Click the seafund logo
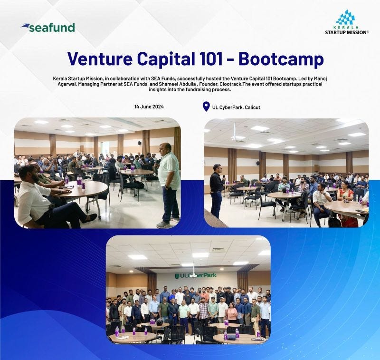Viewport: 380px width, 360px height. tap(48, 28)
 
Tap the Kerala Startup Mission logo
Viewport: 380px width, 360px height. tap(347, 22)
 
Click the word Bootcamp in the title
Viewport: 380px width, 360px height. tap(281, 59)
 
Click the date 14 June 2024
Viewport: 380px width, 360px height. tap(149, 107)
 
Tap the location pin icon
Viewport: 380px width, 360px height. tap(206, 107)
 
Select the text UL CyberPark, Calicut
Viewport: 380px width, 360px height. tap(236, 107)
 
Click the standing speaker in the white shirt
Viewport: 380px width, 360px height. tap(169, 185)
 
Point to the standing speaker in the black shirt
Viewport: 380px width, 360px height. tap(217, 190)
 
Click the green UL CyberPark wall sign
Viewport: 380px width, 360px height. tap(196, 275)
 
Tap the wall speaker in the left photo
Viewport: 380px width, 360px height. tap(139, 143)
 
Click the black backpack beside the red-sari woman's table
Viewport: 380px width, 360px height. tap(335, 221)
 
